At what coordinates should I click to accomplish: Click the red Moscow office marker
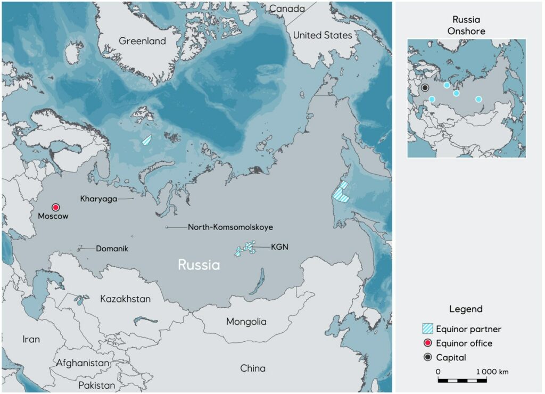click(x=56, y=207)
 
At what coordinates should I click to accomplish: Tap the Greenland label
click(x=142, y=41)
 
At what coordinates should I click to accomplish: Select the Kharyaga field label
click(x=98, y=199)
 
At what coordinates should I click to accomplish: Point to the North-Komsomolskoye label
click(x=230, y=227)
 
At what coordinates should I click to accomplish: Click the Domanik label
click(x=112, y=248)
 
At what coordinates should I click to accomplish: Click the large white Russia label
click(x=199, y=265)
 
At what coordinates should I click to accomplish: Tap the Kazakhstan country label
click(x=125, y=299)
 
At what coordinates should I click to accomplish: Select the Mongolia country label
click(x=246, y=322)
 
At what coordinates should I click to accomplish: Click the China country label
click(x=252, y=368)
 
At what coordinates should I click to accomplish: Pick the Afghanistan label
click(x=82, y=363)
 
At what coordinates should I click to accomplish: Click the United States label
click(x=323, y=35)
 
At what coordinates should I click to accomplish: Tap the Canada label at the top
click(x=287, y=9)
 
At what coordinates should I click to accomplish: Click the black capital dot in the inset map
click(x=425, y=87)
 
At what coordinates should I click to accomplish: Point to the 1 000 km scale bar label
click(x=492, y=371)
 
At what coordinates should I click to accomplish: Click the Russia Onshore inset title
click(x=466, y=26)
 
